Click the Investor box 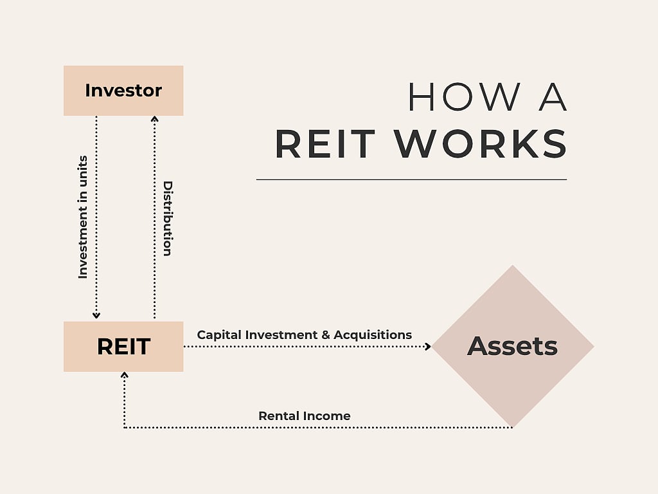pos(123,91)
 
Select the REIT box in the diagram pos(123,347)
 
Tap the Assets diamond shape pos(512,346)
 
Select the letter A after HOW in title pos(552,97)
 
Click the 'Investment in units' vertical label pos(82,217)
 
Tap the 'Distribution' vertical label pos(168,219)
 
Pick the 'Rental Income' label pos(305,416)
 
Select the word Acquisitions pos(373,335)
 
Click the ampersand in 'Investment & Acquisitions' pos(325,335)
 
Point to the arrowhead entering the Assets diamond pos(427,347)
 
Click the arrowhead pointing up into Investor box pos(154,119)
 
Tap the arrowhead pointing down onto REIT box pos(96,315)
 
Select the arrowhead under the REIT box pos(124,375)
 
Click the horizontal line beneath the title pos(411,179)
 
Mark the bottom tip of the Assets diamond pos(512,426)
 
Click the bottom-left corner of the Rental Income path pos(124,427)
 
